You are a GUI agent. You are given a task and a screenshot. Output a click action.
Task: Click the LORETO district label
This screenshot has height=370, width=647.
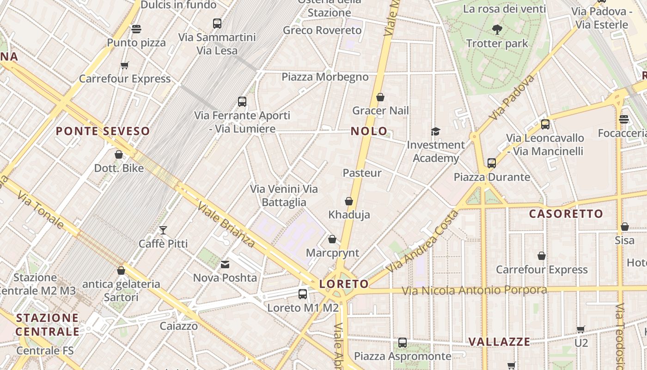coord(344,284)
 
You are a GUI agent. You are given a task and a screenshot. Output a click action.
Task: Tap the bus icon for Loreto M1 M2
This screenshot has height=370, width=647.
coord(303,294)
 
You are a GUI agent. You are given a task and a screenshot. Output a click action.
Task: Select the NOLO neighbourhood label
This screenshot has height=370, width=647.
coord(369,131)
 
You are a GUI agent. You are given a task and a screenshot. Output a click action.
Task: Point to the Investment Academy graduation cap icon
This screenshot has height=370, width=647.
coord(435,132)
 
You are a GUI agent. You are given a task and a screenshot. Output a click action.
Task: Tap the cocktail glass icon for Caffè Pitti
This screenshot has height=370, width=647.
coord(163,230)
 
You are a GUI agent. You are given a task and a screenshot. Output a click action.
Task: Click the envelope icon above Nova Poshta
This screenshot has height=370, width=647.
coord(225,265)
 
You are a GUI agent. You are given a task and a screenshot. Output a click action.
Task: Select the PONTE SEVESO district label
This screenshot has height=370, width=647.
coord(103,131)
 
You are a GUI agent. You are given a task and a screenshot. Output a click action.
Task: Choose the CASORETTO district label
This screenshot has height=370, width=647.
coord(566,214)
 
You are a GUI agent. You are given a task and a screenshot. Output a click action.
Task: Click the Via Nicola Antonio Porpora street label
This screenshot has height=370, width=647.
coord(474,290)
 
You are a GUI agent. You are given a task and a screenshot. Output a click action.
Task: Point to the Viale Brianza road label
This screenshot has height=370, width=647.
coord(226,225)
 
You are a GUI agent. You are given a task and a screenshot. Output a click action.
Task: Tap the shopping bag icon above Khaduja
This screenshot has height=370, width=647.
coord(349,201)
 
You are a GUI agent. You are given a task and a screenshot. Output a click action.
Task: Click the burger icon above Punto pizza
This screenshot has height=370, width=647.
coord(136,29)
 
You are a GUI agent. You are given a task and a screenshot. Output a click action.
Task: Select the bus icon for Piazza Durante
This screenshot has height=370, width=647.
coord(492,163)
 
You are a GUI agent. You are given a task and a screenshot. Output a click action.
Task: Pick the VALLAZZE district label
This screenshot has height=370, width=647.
coord(500,342)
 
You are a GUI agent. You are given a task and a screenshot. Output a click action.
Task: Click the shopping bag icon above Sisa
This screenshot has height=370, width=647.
coord(624,227)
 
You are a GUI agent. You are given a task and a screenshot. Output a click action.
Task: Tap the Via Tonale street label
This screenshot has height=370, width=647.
coord(41,211)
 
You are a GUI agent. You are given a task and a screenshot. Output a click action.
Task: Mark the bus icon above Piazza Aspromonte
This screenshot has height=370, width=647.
coord(403,343)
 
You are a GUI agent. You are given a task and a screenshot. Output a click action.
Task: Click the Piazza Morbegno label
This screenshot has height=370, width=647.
coord(325,77)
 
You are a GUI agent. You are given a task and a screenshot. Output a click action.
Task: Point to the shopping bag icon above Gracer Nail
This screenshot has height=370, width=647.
coord(380,97)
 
